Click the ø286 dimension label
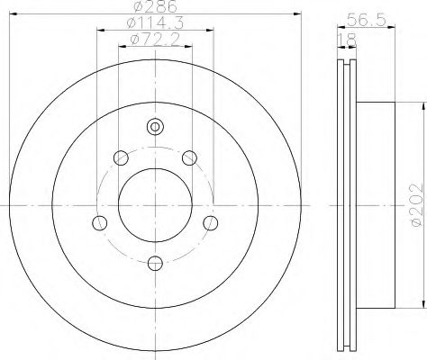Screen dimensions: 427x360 (155, 6)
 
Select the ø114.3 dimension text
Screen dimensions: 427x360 (155, 23)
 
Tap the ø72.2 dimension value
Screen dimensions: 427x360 (155, 40)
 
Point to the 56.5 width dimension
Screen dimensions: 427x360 (366, 21)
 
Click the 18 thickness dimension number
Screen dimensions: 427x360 (347, 40)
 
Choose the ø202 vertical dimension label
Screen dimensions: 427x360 (417, 205)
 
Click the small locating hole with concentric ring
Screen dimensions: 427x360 (155, 127)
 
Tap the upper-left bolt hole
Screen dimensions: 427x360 (121, 157)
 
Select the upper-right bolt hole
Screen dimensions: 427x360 (190, 157)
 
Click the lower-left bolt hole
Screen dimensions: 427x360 (100, 223)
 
